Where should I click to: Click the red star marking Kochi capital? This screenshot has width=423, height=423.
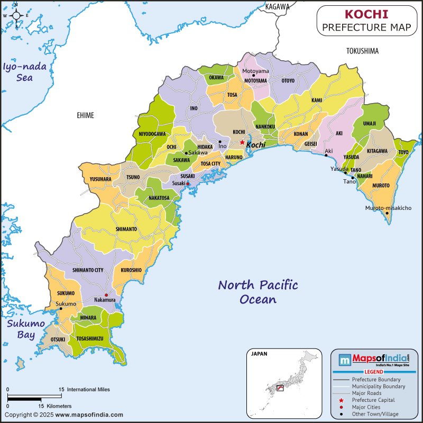pyautogui.click(x=242, y=142)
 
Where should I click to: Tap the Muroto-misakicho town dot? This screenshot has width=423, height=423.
pyautogui.click(x=387, y=213)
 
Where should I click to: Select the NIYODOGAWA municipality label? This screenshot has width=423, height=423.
pyautogui.click(x=152, y=134)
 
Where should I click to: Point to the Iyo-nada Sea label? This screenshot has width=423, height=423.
pyautogui.click(x=25, y=72)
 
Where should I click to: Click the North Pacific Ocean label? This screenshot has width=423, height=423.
pyautogui.click(x=258, y=292)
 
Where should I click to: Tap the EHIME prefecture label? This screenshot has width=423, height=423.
pyautogui.click(x=85, y=115)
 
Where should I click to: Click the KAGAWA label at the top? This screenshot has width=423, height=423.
pyautogui.click(x=278, y=7)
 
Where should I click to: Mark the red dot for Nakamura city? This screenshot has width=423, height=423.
pyautogui.click(x=106, y=295)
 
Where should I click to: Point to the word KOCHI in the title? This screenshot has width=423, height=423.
pyautogui.click(x=366, y=14)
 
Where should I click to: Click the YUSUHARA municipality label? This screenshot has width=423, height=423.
pyautogui.click(x=100, y=179)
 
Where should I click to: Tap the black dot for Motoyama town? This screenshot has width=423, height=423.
pyautogui.click(x=253, y=76)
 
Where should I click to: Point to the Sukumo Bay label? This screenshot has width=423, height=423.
pyautogui.click(x=21, y=329)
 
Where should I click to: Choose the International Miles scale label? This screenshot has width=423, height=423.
pyautogui.click(x=88, y=389)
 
